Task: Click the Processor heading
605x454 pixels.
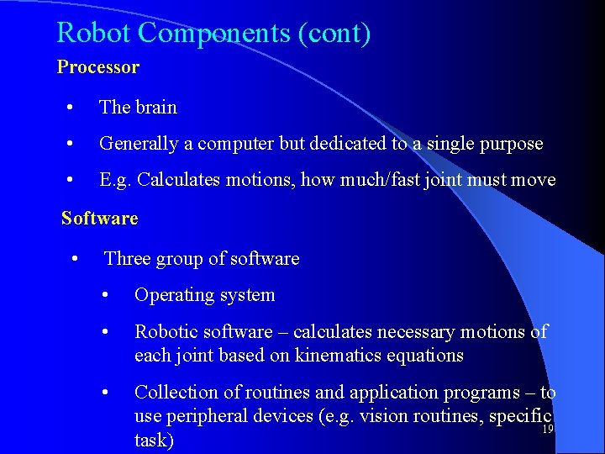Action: pyautogui.click(x=98, y=66)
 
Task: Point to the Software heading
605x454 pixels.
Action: pyautogui.click(x=99, y=218)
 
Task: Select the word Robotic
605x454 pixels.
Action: pyautogui.click(x=165, y=332)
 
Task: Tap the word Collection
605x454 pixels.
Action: pyautogui.click(x=176, y=392)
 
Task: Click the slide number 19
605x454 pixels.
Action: pyautogui.click(x=547, y=430)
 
